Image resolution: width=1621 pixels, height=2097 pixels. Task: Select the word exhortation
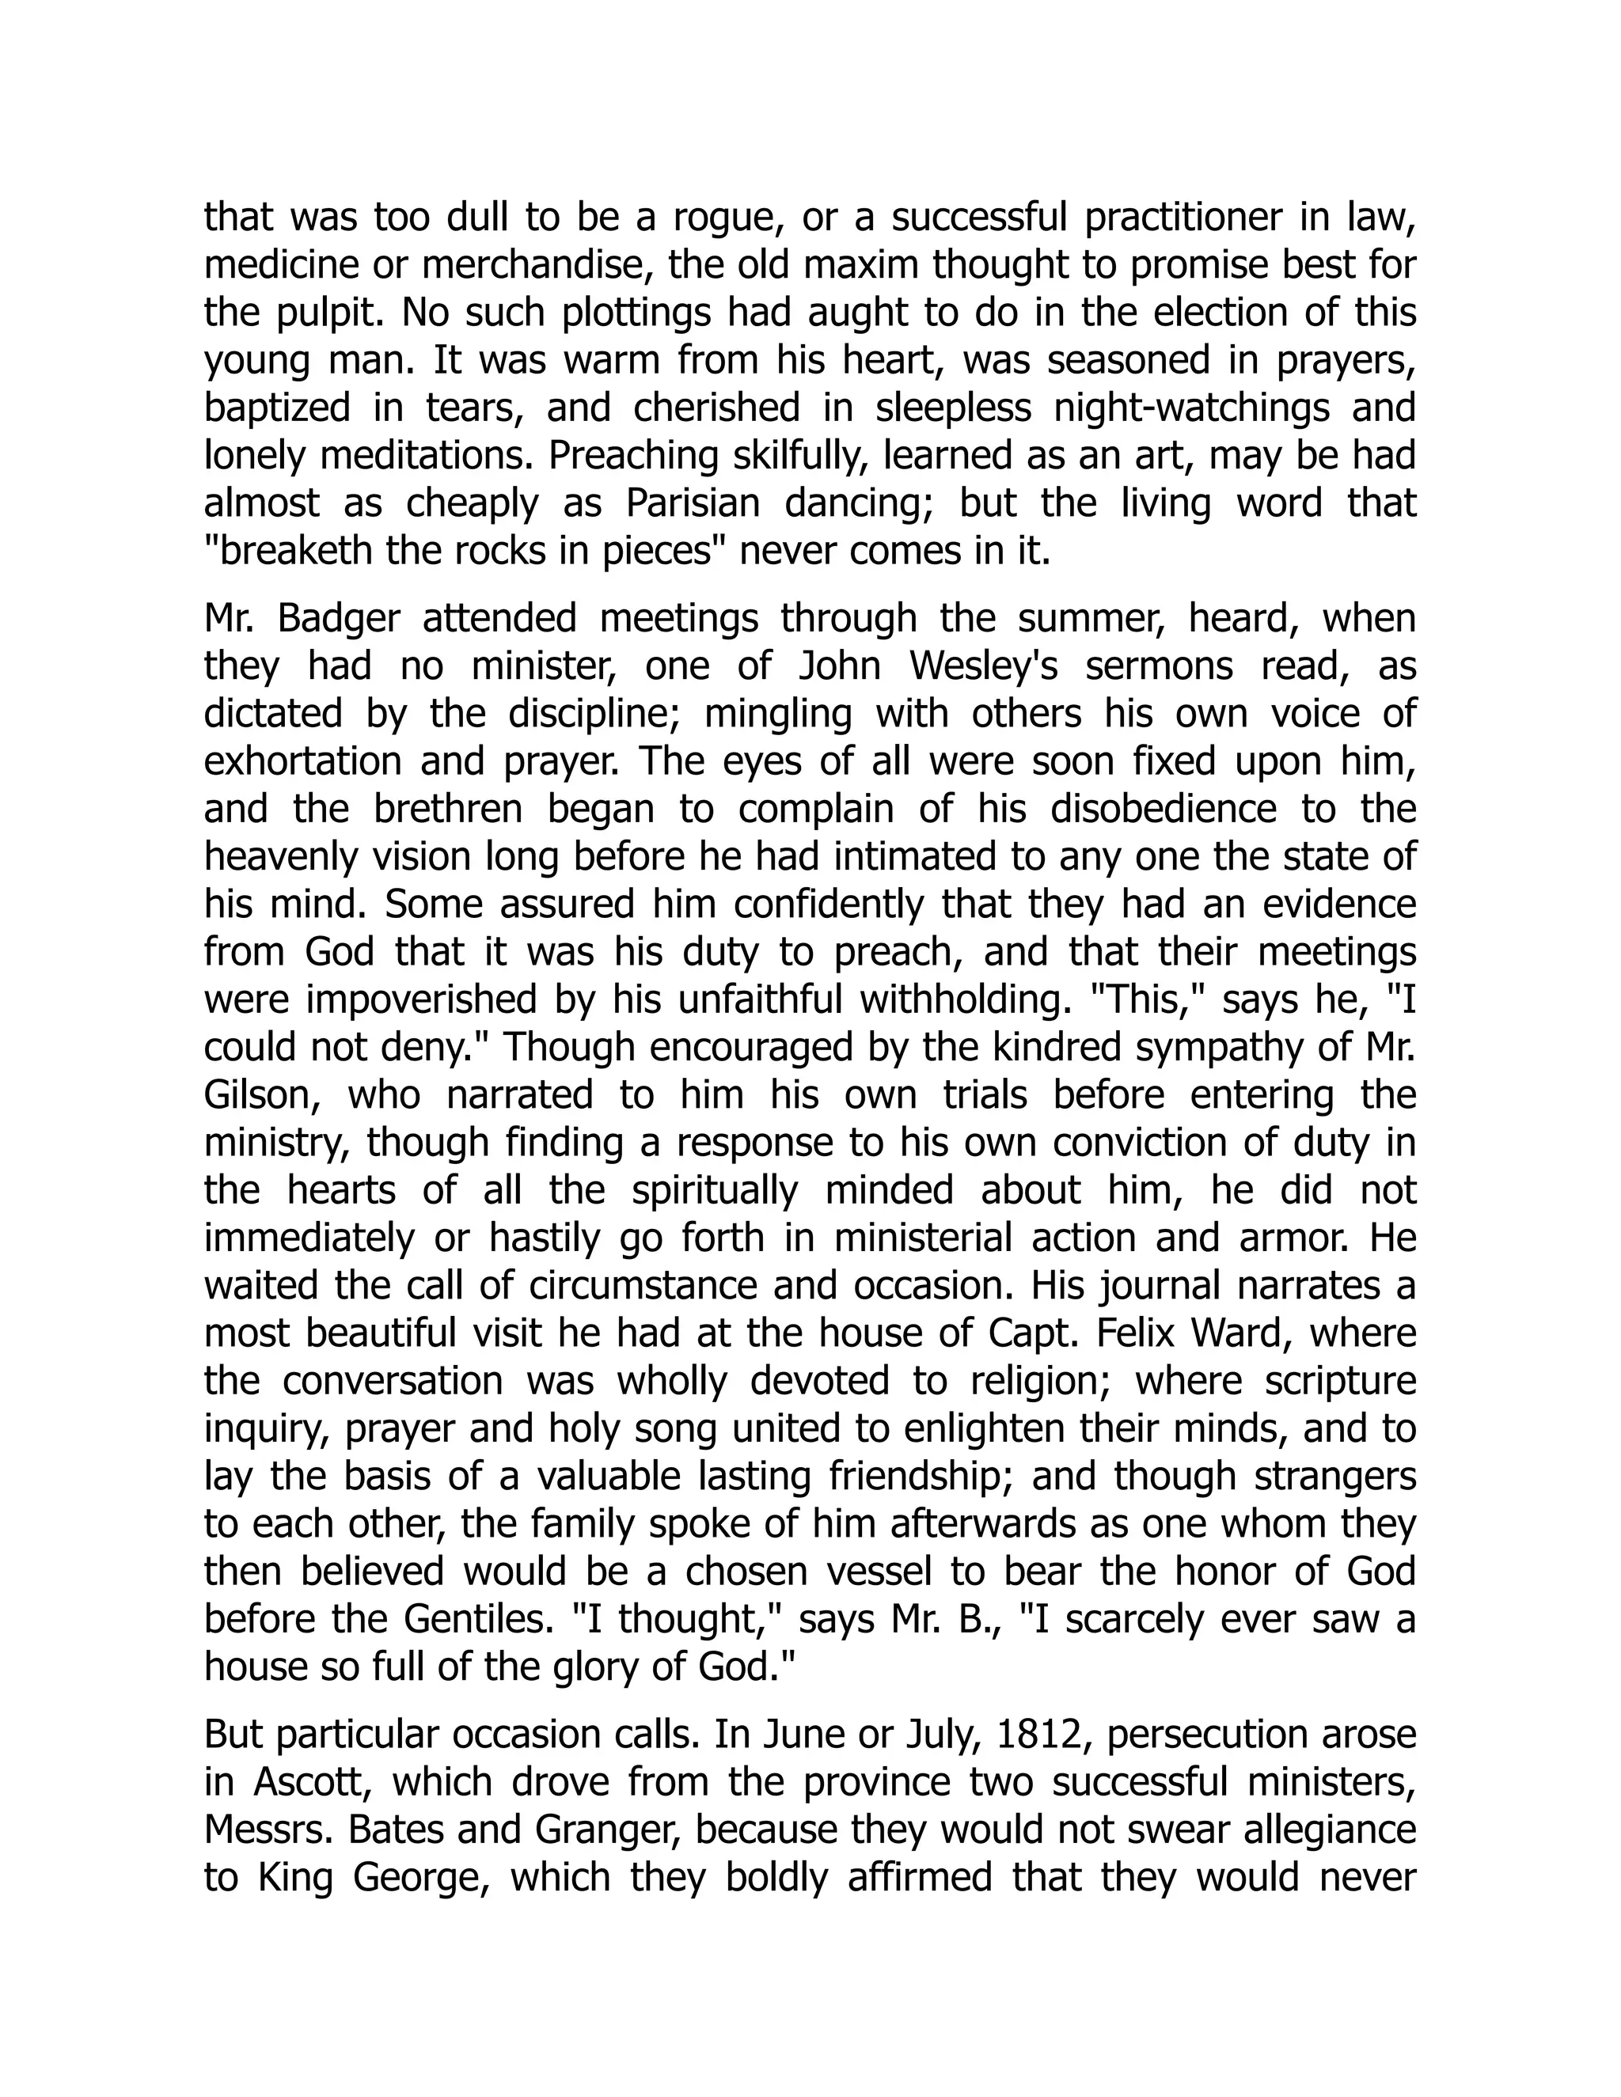coord(302,761)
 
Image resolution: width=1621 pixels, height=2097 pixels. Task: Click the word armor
coord(1293,1238)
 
